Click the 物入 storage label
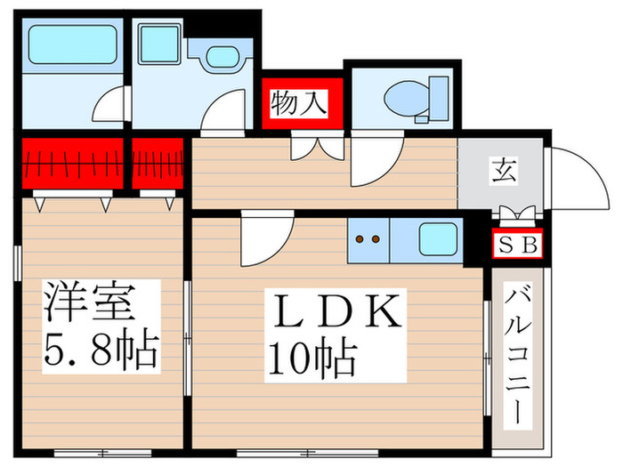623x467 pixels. pos(299,103)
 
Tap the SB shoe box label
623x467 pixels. pos(518,245)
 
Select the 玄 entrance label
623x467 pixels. pos(505,171)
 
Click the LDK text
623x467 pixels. pos(336,311)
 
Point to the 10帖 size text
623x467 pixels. pos(312,356)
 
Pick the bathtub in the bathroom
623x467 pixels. pos(72,44)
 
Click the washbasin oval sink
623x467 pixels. pos(222,57)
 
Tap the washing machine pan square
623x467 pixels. pos(159,44)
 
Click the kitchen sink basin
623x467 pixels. pos(438,239)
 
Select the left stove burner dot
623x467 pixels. pos(360,239)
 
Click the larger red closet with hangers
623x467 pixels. pos(72,164)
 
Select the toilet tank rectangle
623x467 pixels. pos(439,98)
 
